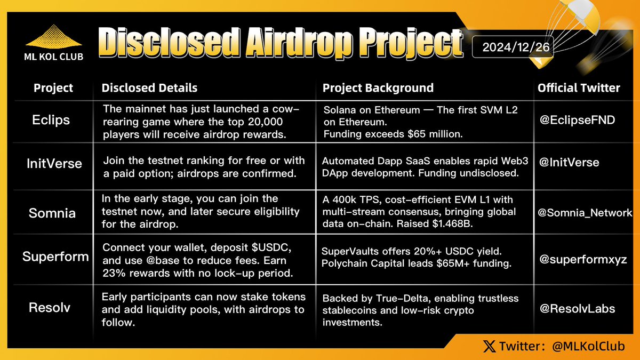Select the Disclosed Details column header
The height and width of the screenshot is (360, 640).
coord(149,88)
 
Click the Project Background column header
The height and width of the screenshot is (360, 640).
coord(378,88)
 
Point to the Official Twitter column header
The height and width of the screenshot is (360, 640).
coord(579,88)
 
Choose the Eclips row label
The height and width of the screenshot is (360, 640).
coord(51,120)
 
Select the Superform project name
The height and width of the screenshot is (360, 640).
coord(55,257)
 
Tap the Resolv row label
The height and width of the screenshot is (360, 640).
coord(51,308)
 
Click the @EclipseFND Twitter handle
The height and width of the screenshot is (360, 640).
coord(577,120)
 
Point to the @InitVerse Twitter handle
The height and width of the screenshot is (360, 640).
coord(569,162)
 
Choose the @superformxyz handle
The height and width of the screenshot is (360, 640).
coord(582,260)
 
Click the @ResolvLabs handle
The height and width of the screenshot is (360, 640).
coord(577,308)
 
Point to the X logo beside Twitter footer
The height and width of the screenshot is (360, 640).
coord(488,347)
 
